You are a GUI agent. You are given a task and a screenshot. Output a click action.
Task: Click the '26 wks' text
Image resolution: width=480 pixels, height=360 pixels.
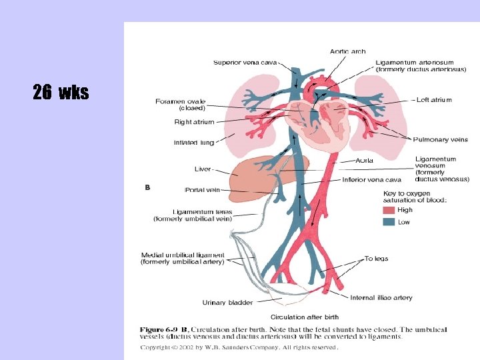[61, 93]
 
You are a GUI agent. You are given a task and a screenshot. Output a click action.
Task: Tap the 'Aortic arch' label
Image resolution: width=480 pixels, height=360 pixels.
[347, 51]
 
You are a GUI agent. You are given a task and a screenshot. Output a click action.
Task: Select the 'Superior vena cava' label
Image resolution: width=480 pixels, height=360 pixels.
[245, 63]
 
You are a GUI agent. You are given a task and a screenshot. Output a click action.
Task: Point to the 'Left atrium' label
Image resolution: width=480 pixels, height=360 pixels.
[434, 100]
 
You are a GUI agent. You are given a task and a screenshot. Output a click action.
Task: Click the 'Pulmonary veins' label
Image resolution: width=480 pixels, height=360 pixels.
[441, 139]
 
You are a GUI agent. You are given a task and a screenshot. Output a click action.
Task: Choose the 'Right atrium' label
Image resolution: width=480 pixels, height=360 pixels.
[194, 122]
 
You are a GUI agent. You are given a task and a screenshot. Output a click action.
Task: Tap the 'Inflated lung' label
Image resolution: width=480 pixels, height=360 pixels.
[194, 142]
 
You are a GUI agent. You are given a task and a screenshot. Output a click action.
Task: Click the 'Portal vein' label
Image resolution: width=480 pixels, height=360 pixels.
[203, 190]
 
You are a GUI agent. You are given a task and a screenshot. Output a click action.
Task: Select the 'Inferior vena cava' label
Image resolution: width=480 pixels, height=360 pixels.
[371, 179]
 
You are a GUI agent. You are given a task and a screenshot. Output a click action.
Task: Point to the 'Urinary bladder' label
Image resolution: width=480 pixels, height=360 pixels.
[227, 303]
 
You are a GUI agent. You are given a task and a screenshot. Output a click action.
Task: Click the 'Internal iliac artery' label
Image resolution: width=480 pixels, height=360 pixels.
[381, 297]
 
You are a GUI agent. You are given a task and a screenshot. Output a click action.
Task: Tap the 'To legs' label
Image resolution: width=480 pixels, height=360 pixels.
[376, 259]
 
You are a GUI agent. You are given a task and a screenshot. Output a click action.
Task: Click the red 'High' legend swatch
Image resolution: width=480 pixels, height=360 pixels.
[389, 210]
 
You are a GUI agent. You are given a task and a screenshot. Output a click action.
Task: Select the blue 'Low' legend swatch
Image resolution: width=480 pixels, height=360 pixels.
[389, 222]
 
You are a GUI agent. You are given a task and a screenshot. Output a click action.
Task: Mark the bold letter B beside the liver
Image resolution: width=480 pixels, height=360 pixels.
[147, 187]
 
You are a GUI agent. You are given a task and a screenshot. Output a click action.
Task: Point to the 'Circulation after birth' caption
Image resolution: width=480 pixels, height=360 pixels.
[304, 317]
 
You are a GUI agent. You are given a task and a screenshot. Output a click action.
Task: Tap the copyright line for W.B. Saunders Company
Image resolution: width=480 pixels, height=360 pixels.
[239, 347]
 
